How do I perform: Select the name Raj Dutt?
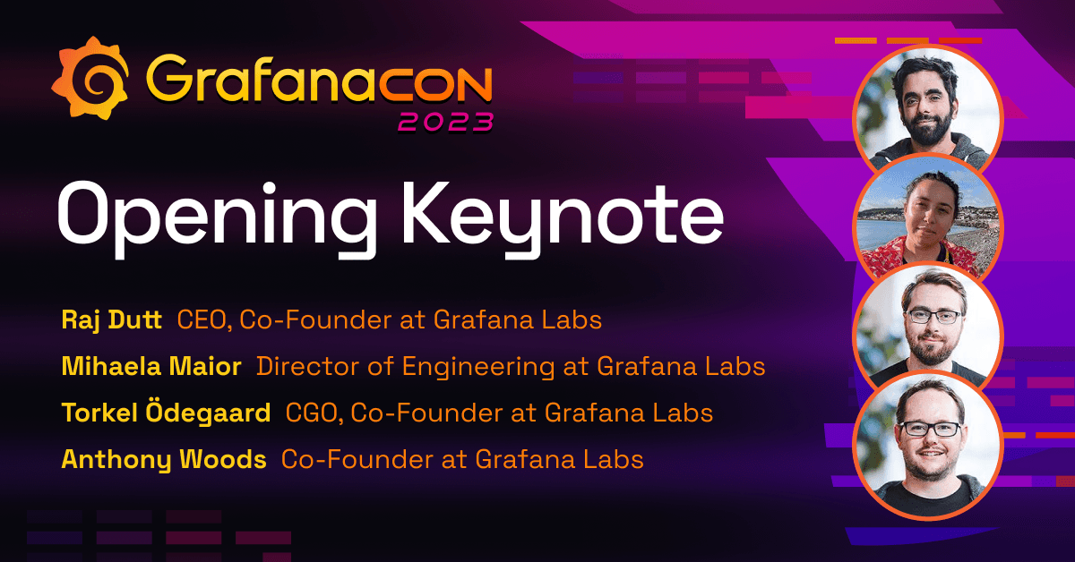tap(112, 319)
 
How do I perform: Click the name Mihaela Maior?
tap(151, 366)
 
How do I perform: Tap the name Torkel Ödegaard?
tap(166, 413)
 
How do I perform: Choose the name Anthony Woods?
tap(164, 459)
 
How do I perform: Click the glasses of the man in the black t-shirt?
tap(931, 429)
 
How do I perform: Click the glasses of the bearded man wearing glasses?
tap(932, 316)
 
